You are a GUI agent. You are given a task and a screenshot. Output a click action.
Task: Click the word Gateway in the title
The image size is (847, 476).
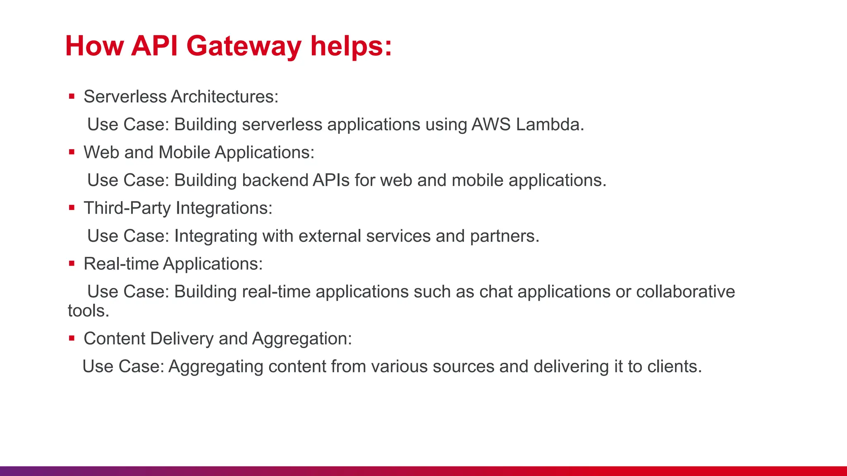click(244, 46)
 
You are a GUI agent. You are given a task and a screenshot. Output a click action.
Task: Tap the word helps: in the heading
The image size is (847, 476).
click(351, 46)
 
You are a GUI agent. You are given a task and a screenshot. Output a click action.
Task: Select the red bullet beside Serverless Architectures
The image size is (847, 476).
click(72, 97)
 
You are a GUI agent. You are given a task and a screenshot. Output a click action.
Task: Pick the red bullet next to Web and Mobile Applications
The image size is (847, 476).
click(72, 152)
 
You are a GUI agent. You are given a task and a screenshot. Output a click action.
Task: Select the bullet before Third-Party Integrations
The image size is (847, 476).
click(72, 208)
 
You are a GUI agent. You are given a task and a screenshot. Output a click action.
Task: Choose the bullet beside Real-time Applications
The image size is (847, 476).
click(72, 263)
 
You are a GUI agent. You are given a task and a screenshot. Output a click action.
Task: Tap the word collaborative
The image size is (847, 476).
click(685, 292)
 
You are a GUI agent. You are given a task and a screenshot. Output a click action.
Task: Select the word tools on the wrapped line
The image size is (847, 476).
click(88, 311)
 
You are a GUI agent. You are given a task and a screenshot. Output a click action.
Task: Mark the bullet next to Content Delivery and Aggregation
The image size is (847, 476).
click(72, 338)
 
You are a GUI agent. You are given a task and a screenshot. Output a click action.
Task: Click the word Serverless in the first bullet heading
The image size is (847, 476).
click(125, 97)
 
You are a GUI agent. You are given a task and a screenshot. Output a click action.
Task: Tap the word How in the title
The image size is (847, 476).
click(94, 46)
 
